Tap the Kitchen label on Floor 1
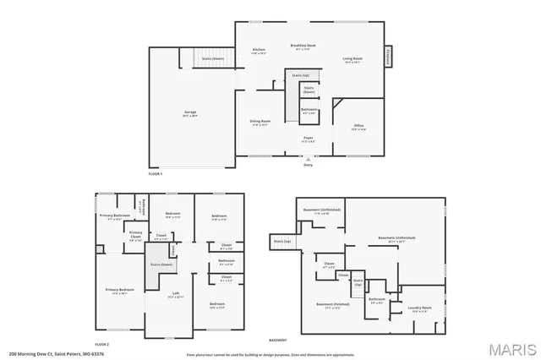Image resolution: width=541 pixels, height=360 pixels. coord(259,51)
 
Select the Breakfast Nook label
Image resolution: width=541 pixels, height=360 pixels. coord(303,46)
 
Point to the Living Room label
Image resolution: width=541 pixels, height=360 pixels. coord(352,58)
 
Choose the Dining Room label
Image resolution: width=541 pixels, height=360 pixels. coord(260,121)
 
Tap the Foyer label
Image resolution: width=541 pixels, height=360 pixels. coord(309,138)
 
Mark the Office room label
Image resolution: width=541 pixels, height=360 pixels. coord(358,126)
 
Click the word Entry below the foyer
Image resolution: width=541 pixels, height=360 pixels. coord(308,165)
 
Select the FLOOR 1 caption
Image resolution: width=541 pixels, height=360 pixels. coord(155,173)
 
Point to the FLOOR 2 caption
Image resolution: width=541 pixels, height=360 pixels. coord(102,345)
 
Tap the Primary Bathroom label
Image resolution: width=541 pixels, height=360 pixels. coord(112,215)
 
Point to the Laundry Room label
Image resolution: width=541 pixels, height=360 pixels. coord(421,308)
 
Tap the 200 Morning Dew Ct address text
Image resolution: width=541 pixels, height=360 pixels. coord(44,354)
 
